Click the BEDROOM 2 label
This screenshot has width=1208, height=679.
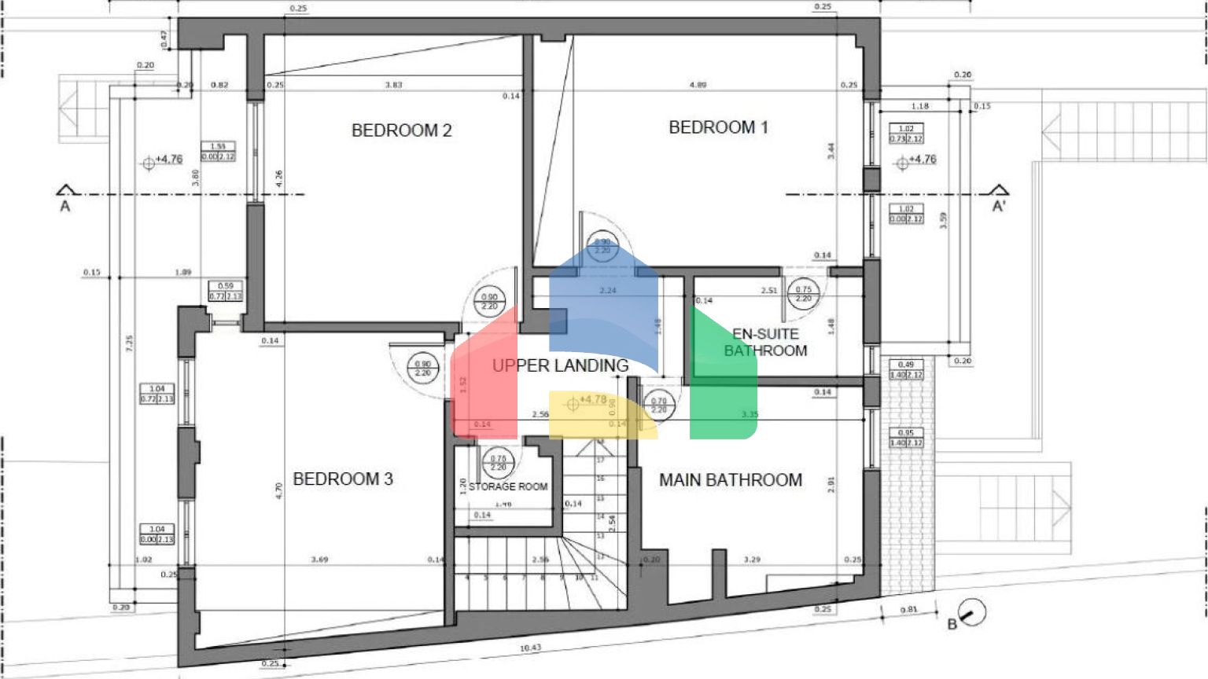[401, 130]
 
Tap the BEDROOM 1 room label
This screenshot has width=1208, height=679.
[718, 127]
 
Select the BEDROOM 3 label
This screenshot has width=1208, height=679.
[343, 479]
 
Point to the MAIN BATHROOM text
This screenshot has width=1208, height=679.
[731, 479]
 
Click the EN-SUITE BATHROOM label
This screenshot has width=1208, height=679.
[765, 343]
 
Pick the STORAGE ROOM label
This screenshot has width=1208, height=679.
[508, 486]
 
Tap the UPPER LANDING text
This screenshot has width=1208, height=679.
[560, 365]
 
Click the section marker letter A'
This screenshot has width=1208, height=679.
[999, 206]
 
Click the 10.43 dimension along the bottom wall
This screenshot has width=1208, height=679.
[531, 648]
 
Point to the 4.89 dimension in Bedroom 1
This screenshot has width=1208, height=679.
[698, 85]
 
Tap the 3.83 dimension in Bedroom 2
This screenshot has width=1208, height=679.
[393, 85]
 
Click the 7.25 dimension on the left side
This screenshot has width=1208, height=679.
[129, 343]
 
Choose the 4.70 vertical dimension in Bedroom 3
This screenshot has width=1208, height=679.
[278, 491]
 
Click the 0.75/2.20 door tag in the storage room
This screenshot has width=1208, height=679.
[498, 463]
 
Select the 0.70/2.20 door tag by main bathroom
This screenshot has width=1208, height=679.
[659, 406]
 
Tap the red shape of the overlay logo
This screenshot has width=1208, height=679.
[484, 377]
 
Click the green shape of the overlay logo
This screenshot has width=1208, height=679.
[720, 377]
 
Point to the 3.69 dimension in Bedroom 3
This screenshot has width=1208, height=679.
[319, 560]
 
